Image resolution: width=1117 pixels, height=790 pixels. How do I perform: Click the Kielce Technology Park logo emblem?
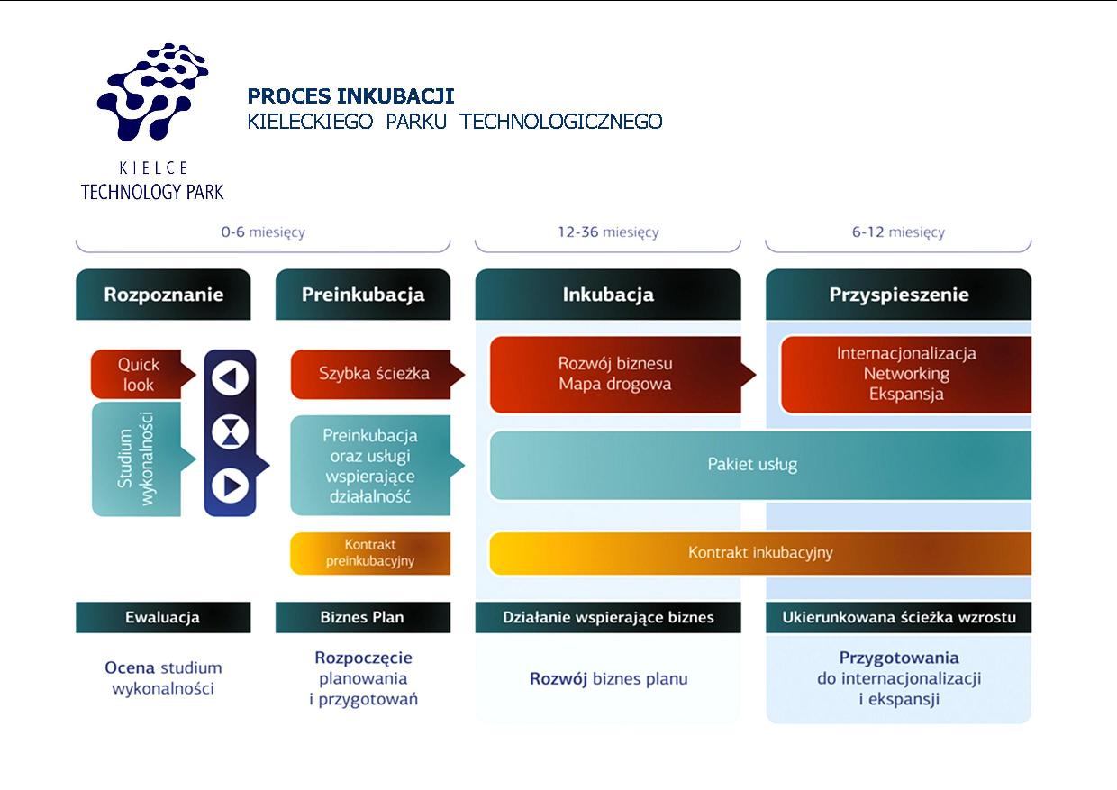pos(152,92)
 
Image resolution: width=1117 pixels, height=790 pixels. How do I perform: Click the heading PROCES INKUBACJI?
pos(350,95)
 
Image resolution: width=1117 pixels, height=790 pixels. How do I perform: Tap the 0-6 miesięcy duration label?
pos(263,232)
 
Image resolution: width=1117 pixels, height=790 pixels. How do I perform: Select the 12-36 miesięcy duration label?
pos(608,232)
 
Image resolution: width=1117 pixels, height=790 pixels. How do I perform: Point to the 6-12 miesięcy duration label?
pos(898,232)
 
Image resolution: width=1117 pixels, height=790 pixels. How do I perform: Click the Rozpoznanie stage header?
pos(163,295)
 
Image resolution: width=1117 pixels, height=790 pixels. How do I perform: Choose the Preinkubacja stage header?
pos(363,295)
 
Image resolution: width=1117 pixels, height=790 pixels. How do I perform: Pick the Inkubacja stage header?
pos(608,295)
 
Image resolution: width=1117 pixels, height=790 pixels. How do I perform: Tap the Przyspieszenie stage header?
pos(899,295)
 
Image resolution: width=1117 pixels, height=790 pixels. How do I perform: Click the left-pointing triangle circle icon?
pos(230,378)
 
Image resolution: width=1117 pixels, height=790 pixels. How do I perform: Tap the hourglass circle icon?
pos(230,431)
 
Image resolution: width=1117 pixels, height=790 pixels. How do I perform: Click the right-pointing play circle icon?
pos(230,486)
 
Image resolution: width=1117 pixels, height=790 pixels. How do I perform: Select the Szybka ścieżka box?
pos(374,374)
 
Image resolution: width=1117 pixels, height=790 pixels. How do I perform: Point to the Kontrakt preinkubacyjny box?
pos(370,553)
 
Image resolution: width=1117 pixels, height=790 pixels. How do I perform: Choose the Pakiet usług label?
pos(752,464)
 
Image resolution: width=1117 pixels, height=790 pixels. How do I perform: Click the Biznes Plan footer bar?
pos(363,617)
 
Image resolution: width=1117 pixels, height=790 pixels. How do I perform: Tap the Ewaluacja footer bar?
pos(163,617)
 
